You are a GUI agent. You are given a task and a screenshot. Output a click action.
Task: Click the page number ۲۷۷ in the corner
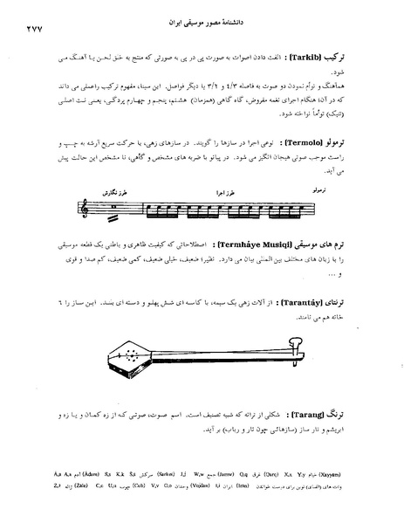click(25, 29)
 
